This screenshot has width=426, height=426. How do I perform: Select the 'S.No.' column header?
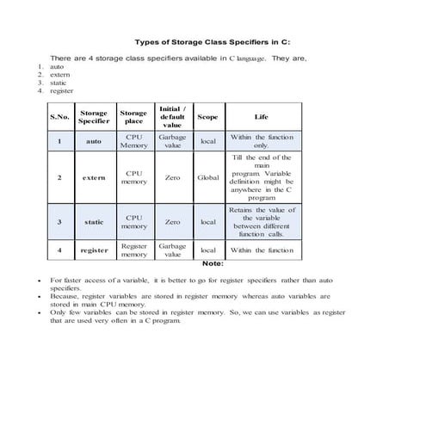pyautogui.click(x=59, y=116)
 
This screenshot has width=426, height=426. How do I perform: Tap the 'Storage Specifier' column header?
pyautogui.click(x=94, y=116)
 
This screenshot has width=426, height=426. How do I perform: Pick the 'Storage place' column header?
pyautogui.click(x=133, y=116)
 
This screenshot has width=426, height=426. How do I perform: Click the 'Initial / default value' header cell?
pyautogui.click(x=172, y=116)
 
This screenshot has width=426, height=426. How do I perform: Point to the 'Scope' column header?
pyautogui.click(x=207, y=116)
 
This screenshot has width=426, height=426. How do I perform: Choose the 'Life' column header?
pyautogui.click(x=262, y=116)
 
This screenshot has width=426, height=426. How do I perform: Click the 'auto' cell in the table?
pyautogui.click(x=94, y=141)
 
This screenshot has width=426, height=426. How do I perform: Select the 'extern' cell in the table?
pyautogui.click(x=94, y=178)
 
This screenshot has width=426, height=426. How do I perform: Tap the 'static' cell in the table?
pyautogui.click(x=94, y=221)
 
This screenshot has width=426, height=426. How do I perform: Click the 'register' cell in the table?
pyautogui.click(x=94, y=250)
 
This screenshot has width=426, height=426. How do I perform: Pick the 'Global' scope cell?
pyautogui.click(x=207, y=178)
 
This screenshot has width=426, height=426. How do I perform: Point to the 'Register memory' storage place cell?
pyautogui.click(x=133, y=250)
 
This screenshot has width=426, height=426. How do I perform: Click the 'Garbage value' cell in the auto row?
pyautogui.click(x=172, y=141)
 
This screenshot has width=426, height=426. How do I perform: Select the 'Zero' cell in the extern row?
pyautogui.click(x=172, y=178)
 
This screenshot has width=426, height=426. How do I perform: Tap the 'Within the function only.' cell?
pyautogui.click(x=262, y=141)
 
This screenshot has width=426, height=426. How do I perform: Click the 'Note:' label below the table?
pyautogui.click(x=212, y=263)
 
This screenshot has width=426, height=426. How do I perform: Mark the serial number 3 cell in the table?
pyautogui.click(x=59, y=221)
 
